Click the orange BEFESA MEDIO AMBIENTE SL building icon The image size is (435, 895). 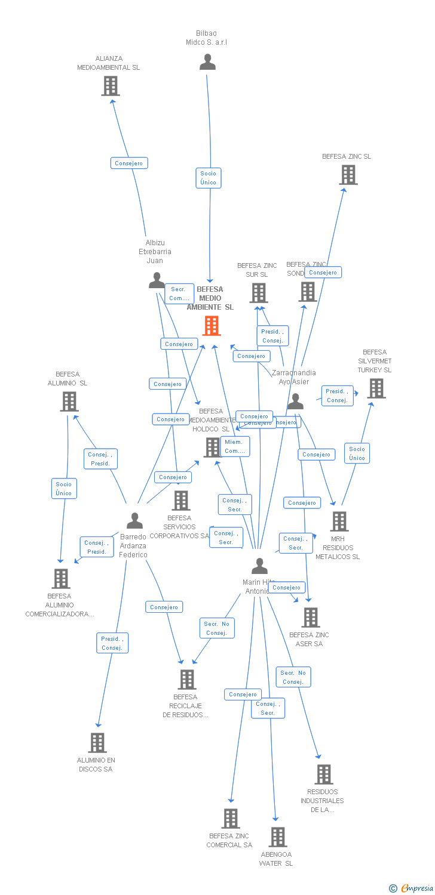[212, 326]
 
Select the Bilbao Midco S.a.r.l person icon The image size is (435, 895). [207, 62]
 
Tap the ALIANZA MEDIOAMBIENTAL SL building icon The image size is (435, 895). [111, 86]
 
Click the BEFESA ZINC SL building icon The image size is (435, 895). [348, 175]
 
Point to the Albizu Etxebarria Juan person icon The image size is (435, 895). [157, 280]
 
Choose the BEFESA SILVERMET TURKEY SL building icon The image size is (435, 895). [376, 388]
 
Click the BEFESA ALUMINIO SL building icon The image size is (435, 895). [69, 402]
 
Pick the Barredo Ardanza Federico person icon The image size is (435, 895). [135, 521]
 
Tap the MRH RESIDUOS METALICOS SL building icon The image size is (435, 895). [339, 521]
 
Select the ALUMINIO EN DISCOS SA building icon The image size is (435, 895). [97, 743]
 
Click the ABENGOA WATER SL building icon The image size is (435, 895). [277, 837]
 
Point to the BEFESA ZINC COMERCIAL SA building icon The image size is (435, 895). [231, 819]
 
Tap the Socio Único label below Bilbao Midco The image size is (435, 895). [209, 178]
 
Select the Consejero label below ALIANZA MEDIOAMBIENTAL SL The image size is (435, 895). [129, 163]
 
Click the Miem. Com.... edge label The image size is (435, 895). [234, 446]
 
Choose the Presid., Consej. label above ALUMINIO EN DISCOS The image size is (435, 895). [112, 643]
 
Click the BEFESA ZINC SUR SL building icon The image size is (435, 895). [258, 293]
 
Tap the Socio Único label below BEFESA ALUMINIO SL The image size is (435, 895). [64, 488]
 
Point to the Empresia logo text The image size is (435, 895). [417, 888]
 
